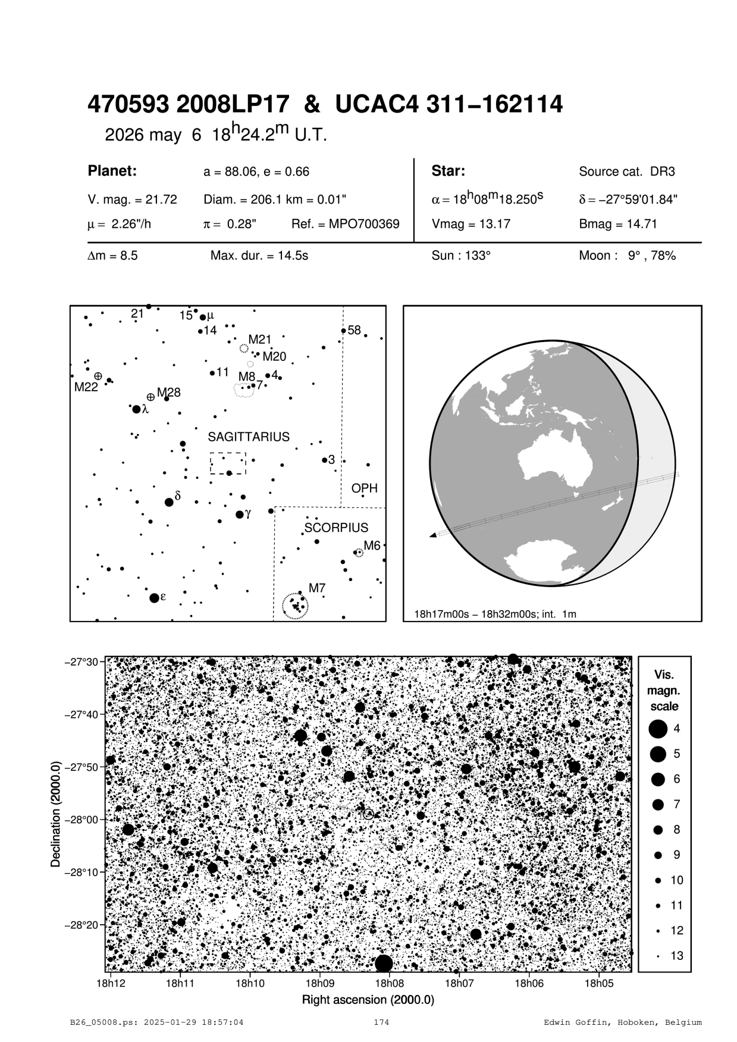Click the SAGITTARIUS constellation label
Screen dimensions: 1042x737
[249, 437]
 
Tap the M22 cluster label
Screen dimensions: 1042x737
[86, 387]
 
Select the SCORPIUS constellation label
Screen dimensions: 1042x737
[336, 528]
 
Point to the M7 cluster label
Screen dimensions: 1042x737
[316, 589]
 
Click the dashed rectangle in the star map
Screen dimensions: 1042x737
[228, 463]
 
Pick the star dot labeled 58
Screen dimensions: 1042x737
[343, 331]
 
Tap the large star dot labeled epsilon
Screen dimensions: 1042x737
[154, 598]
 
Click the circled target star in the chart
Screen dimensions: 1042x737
[369, 814]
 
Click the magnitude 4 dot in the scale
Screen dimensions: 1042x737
[658, 729]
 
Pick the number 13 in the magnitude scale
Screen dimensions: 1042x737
[677, 956]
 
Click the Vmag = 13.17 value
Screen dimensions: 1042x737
[471, 224]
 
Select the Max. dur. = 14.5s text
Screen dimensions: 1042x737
[259, 256]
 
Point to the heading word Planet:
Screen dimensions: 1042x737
[112, 171]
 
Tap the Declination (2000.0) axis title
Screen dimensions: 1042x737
[57, 814]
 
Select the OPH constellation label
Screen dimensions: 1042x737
[364, 488]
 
